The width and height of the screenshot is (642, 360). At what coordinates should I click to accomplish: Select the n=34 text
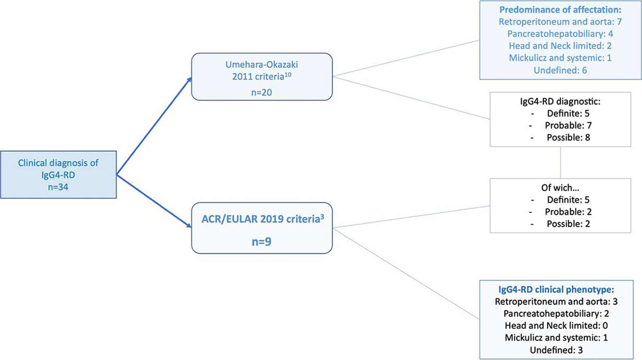58,187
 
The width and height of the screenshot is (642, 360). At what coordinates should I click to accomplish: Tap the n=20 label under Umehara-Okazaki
262,92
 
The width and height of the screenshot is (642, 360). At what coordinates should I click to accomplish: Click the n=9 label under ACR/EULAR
262,241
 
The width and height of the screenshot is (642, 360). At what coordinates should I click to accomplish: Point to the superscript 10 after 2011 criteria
288,74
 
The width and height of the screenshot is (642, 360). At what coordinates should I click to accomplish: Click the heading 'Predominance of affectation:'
560,10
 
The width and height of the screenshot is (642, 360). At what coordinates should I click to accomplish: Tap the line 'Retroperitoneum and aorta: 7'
560,22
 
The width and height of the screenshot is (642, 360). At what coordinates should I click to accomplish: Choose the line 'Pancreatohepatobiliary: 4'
560,34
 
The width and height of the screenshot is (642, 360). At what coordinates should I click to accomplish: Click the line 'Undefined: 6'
560,70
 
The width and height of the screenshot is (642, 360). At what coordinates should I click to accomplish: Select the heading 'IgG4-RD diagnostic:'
560,101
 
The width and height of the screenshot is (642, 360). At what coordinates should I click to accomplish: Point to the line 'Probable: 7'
568,125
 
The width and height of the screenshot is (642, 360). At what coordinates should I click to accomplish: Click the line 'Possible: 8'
568,137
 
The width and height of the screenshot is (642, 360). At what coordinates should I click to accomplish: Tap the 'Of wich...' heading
560,187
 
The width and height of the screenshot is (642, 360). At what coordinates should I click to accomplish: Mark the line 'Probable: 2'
568,212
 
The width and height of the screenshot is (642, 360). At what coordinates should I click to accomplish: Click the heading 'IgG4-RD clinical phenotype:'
556,289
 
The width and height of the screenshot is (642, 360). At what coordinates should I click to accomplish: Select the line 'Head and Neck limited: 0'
556,326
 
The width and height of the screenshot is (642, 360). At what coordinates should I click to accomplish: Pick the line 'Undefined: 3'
556,350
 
